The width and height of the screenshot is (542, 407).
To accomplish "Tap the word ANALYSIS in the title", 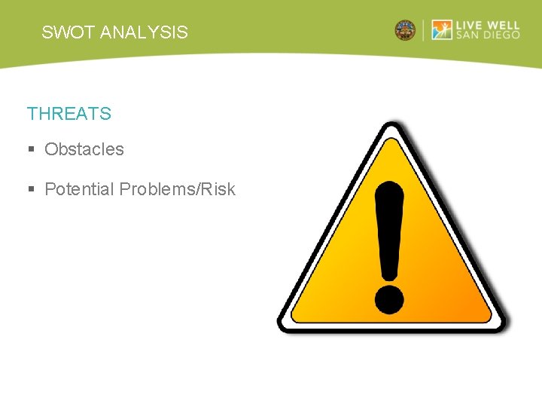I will [x=144, y=32].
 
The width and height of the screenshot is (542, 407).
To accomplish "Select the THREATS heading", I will [x=69, y=114].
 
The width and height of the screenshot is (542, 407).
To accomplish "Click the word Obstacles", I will [x=84, y=149].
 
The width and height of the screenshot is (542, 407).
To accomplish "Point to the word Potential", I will [x=78, y=189].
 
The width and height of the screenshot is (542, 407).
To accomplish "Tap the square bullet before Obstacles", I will [x=31, y=150].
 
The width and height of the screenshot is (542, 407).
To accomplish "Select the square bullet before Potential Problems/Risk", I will [x=31, y=190].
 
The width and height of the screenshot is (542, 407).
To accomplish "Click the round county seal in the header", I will [x=405, y=31].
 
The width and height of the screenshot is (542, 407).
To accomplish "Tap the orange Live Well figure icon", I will [x=442, y=30].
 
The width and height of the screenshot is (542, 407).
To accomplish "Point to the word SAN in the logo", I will [x=467, y=36].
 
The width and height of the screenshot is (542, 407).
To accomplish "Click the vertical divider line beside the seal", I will [x=424, y=30].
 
